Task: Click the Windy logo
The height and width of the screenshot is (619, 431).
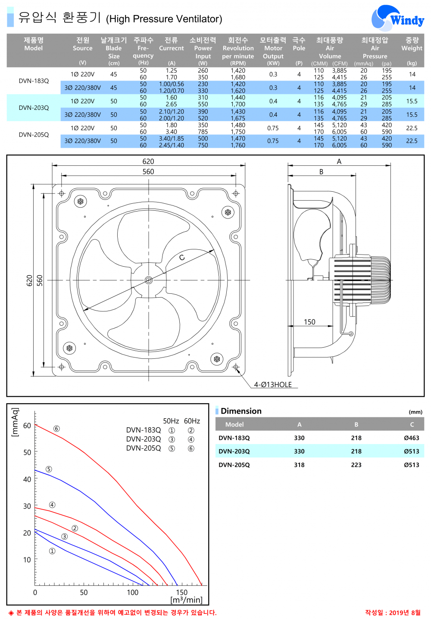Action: (x=397, y=19)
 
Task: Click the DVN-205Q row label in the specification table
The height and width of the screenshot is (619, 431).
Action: (x=34, y=135)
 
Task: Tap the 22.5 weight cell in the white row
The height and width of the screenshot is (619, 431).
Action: (x=412, y=128)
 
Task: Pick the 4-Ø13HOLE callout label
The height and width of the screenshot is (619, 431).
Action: (x=273, y=385)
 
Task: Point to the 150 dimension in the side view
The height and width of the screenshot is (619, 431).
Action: (x=309, y=322)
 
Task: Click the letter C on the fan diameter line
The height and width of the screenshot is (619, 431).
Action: (x=182, y=258)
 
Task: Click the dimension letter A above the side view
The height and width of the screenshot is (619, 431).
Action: (x=339, y=162)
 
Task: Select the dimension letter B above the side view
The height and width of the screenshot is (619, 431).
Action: (x=321, y=171)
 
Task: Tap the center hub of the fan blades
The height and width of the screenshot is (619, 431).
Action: (x=149, y=280)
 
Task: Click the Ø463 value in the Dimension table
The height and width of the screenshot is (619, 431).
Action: (x=411, y=438)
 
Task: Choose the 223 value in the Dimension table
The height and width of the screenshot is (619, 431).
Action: (x=356, y=465)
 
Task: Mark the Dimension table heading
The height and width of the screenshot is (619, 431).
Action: (x=241, y=411)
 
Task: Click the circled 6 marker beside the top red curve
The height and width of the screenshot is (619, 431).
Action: (x=56, y=429)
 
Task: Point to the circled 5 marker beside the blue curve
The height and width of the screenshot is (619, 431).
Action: (x=49, y=469)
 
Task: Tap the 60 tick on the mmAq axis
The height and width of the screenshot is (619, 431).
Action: (x=27, y=426)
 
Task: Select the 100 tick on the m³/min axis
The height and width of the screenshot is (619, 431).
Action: (x=133, y=593)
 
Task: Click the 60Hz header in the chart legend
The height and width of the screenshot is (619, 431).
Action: (x=192, y=421)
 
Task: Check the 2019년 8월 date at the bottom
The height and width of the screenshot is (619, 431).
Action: (x=392, y=613)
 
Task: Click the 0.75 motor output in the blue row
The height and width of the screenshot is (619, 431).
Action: (x=273, y=141)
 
